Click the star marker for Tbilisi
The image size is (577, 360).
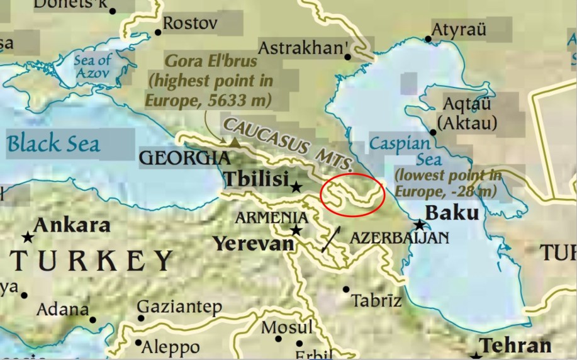point(296,186)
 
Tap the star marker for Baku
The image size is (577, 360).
point(419,225)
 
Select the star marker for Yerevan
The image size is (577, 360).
point(296,230)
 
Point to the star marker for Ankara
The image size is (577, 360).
point(28,237)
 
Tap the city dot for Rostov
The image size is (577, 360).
point(157,32)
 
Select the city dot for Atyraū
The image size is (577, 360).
point(429,39)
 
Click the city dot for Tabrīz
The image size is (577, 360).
point(345,290)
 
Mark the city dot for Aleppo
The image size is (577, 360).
point(138,343)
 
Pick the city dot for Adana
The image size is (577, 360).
point(92,320)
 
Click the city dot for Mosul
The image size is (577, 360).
point(278,339)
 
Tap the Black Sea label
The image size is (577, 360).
point(53,143)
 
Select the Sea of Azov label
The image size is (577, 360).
point(92,67)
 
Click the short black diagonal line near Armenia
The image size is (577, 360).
point(332,239)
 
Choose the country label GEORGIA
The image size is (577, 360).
point(185,158)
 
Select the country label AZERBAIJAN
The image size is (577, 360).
point(399,238)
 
